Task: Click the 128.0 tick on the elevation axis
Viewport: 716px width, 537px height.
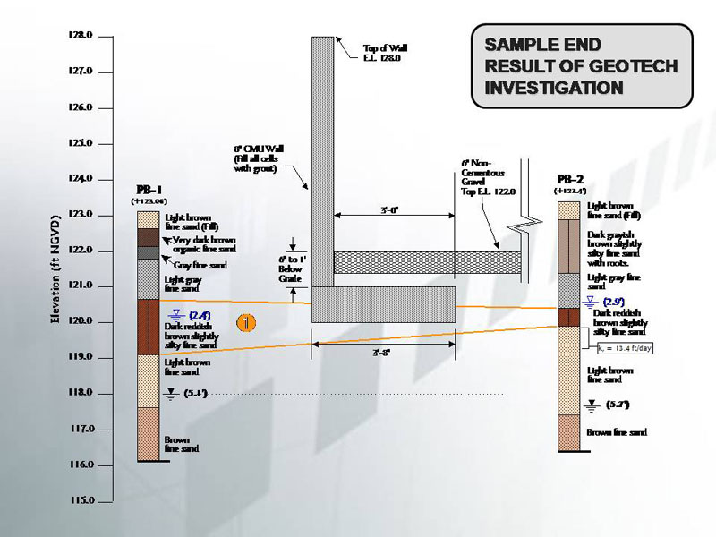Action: (81, 36)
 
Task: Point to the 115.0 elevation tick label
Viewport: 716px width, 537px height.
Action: (81, 500)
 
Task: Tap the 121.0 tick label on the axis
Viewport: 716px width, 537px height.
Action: (81, 286)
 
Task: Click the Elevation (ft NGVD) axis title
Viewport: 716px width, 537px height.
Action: (55, 269)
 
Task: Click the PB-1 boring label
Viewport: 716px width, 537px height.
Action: (149, 190)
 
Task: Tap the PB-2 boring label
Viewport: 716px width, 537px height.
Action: (570, 179)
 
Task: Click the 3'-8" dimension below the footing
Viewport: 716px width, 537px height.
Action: (383, 352)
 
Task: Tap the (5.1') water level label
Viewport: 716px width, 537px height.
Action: (195, 394)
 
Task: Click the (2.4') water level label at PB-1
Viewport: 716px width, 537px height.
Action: (200, 315)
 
